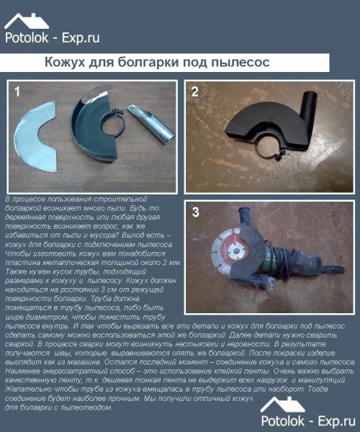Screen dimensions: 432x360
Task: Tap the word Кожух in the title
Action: (66, 63)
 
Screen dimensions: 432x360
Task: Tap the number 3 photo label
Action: (195, 212)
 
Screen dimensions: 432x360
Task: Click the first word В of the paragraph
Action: (6, 197)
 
